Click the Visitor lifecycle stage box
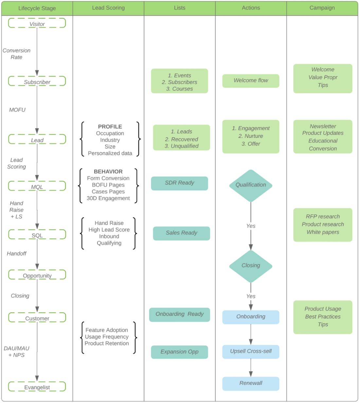click(x=37, y=23)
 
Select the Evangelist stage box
click(x=37, y=387)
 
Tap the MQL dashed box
click(x=37, y=186)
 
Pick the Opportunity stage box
click(x=37, y=275)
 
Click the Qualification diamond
click(x=251, y=185)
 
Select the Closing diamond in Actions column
click(x=251, y=266)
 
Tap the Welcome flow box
click(x=251, y=81)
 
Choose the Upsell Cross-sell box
click(x=251, y=351)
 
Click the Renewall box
click(x=251, y=383)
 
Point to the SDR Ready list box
click(x=179, y=183)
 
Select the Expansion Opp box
click(x=179, y=352)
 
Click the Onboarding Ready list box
click(x=179, y=314)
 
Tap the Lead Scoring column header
click(x=108, y=8)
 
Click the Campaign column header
click(x=322, y=8)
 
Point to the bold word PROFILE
click(x=110, y=127)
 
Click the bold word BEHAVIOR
click(x=108, y=172)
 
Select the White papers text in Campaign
click(x=323, y=232)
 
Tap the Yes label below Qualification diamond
click(x=251, y=226)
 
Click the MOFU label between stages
click(x=17, y=110)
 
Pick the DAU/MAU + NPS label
click(x=17, y=352)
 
